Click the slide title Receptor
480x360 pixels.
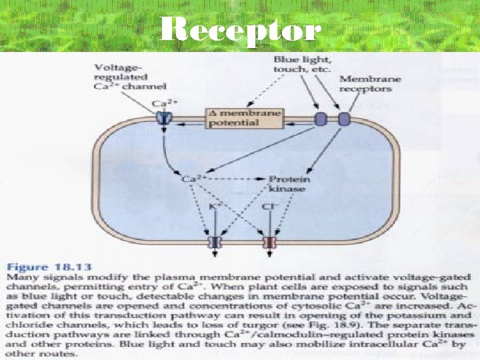pyautogui.click(x=241, y=29)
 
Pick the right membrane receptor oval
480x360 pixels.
pyautogui.click(x=343, y=120)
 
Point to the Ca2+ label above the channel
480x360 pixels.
pyautogui.click(x=161, y=103)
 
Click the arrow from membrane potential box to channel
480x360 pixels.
pyautogui.click(x=188, y=123)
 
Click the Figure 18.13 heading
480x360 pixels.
pyautogui.click(x=44, y=265)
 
